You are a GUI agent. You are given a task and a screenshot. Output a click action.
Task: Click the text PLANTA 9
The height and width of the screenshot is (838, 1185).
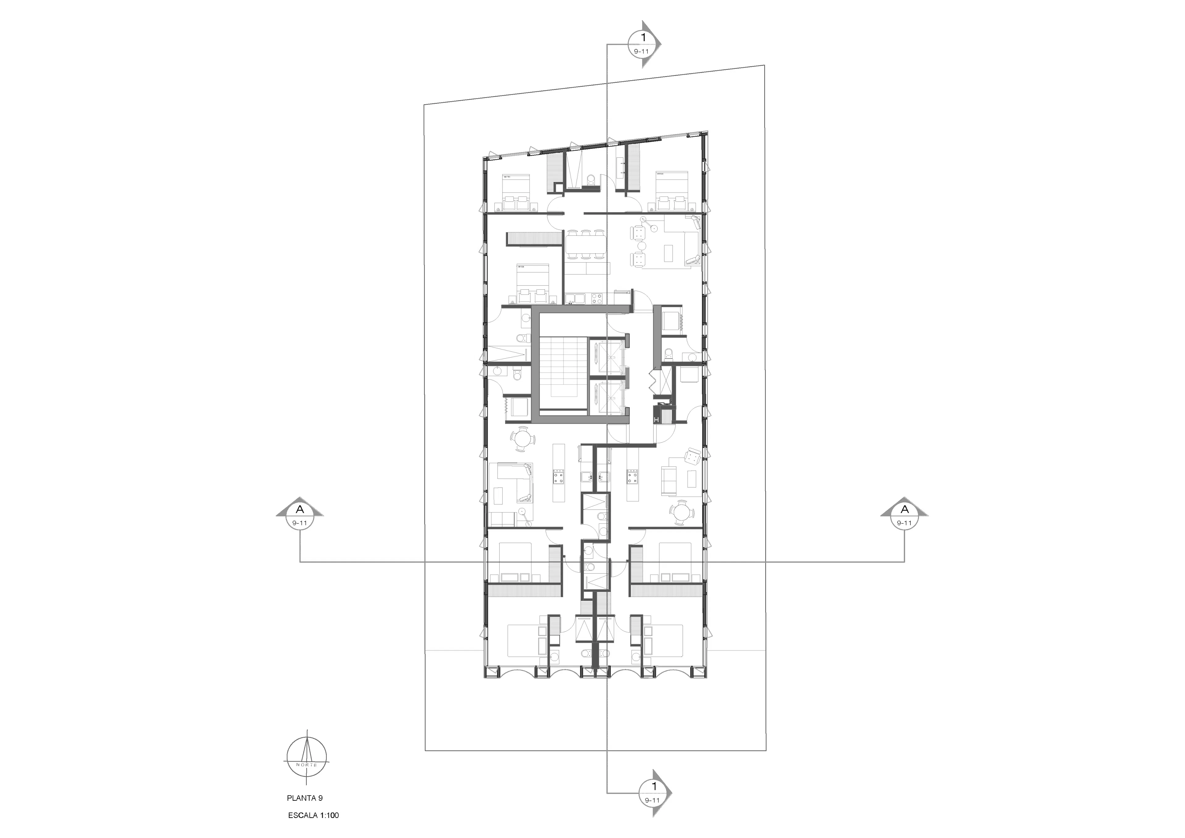pos(305,798)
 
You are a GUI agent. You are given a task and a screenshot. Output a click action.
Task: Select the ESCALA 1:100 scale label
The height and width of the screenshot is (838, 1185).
pos(313,815)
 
